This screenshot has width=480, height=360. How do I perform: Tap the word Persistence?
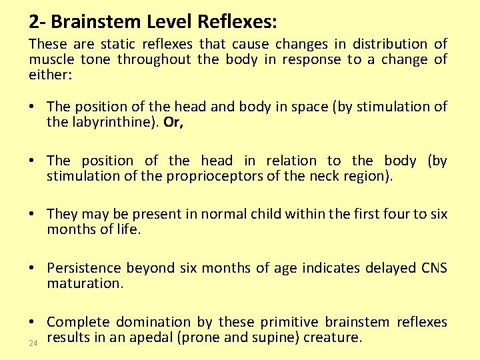(x=84, y=268)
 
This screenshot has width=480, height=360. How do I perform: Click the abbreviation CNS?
(x=434, y=268)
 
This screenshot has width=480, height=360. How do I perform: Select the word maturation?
(x=84, y=283)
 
